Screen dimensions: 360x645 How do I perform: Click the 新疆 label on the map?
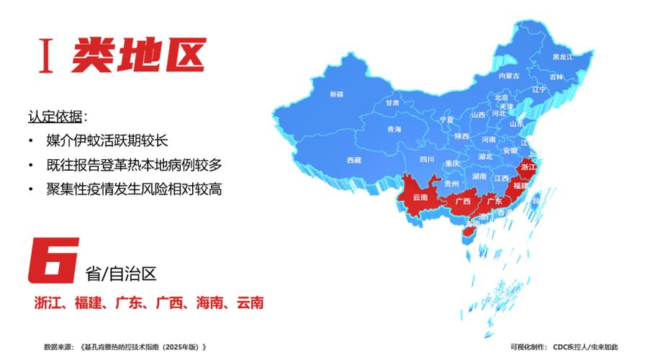(x=336, y=94)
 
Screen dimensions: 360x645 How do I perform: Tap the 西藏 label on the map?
(x=353, y=160)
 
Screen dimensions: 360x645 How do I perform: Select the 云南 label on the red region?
(x=420, y=197)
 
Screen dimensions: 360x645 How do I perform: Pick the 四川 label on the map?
(x=428, y=160)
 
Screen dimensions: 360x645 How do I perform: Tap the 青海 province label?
(x=394, y=130)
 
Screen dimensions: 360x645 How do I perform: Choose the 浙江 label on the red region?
(x=528, y=167)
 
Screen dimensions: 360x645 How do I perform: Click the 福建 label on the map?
(x=520, y=186)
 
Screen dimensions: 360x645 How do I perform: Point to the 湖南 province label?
(x=479, y=176)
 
